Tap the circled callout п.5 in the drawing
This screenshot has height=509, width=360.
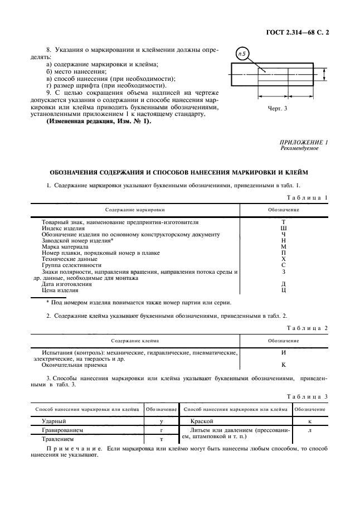point(242,55)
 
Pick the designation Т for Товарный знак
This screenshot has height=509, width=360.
point(284,222)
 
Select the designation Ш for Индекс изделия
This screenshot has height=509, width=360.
point(284,228)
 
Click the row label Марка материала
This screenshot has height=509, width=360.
point(65,247)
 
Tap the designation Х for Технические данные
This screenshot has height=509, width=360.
point(284,259)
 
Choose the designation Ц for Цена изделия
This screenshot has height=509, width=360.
point(284,290)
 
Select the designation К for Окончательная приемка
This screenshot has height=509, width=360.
point(284,365)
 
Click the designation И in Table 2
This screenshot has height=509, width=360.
point(284,352)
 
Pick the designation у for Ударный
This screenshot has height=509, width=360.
point(161,422)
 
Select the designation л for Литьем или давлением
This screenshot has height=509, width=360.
point(310,431)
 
